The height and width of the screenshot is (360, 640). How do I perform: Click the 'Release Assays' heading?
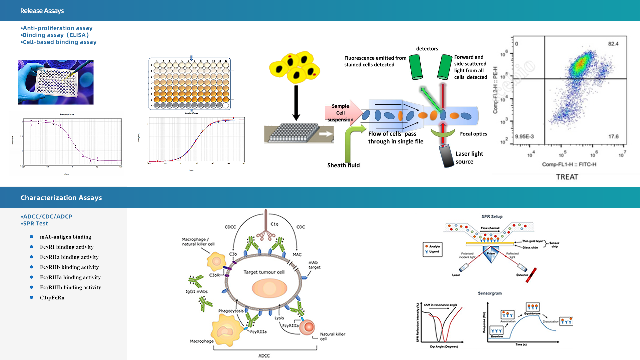point(42,11)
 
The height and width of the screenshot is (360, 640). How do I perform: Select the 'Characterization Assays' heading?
point(61,198)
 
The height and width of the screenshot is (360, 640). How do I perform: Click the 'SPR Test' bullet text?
point(35,223)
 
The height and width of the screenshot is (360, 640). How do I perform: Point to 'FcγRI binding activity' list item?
point(67,247)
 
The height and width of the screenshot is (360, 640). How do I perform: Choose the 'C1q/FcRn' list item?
point(52,297)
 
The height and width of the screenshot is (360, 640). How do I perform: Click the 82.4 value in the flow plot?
point(613,44)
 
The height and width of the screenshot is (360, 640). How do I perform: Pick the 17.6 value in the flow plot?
point(613,136)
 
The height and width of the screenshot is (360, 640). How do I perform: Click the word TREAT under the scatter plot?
point(567,177)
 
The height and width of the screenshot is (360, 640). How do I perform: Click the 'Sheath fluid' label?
point(343,165)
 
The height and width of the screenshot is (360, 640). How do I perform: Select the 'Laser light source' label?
point(469,158)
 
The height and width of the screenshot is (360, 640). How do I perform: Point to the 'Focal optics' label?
point(473,134)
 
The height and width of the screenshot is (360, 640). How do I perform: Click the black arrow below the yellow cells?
point(296,103)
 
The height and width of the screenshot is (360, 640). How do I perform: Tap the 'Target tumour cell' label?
point(264,272)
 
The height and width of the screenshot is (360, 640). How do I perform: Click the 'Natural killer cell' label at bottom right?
point(332,336)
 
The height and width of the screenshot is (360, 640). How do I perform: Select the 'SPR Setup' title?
point(492,217)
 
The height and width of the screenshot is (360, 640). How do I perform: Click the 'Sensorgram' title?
point(490,293)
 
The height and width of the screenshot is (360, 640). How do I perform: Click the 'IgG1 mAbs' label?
point(197,292)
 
